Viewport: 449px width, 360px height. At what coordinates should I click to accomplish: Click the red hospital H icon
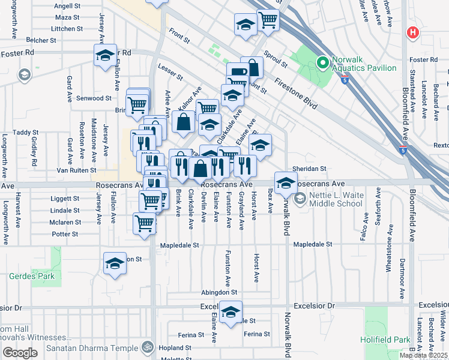click(x=412, y=32)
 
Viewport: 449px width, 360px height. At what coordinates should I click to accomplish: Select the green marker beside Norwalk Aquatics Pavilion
click(x=322, y=61)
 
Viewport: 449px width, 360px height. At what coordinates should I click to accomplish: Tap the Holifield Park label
click(x=385, y=340)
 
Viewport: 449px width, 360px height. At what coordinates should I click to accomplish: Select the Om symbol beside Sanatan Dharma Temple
click(x=145, y=347)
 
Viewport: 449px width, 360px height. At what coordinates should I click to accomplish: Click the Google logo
click(x=20, y=353)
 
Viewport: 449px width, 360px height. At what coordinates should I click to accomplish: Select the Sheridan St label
click(x=309, y=169)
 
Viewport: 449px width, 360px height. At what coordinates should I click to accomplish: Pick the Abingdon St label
click(x=219, y=293)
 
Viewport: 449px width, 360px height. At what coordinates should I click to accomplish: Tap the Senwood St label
click(x=94, y=98)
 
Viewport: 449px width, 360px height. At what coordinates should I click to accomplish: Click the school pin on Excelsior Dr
click(x=230, y=312)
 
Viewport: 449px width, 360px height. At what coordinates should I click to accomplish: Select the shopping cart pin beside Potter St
click(x=145, y=223)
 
